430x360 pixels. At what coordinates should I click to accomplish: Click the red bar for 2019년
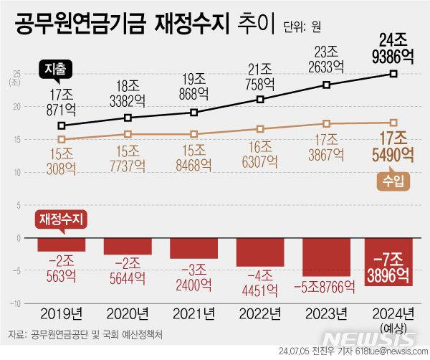pyautogui.click(x=62, y=244)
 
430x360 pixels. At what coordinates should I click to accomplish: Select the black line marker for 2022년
pyautogui.click(x=260, y=100)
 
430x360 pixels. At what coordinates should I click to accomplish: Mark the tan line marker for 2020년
pyautogui.click(x=128, y=134)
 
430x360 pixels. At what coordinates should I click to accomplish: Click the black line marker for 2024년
pyautogui.click(x=393, y=73)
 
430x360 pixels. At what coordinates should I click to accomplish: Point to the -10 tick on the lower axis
pyautogui.click(x=14, y=304)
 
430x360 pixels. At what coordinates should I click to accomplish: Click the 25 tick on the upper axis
pyautogui.click(x=16, y=72)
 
